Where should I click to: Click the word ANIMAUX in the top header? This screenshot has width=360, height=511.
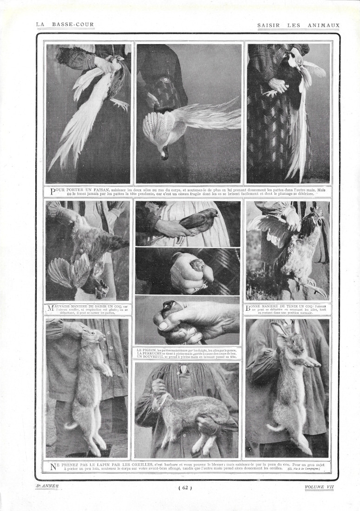tap(324, 25)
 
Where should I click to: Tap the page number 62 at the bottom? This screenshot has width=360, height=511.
tap(184, 487)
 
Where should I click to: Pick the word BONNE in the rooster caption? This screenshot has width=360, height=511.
tap(260, 307)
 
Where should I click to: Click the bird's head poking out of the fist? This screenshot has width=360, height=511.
tap(197, 265)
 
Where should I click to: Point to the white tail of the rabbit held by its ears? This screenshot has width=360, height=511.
tap(72, 424)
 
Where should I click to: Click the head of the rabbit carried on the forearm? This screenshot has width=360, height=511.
tap(158, 400)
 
